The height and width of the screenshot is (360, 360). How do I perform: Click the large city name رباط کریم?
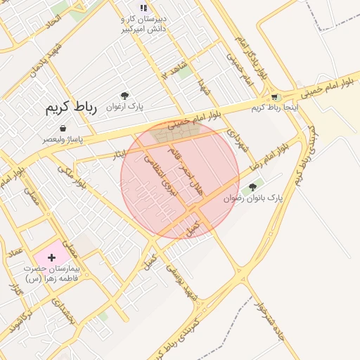(70, 108)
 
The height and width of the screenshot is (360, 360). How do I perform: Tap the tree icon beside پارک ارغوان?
(124, 96)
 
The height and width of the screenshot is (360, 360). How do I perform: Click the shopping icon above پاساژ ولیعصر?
(63, 128)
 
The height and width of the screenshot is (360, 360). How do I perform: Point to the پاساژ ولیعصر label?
(63, 139)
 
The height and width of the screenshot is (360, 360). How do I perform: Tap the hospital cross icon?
(51, 258)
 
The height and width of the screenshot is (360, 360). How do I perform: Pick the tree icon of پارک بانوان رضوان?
(252, 187)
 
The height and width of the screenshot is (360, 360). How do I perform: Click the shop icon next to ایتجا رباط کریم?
(274, 97)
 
